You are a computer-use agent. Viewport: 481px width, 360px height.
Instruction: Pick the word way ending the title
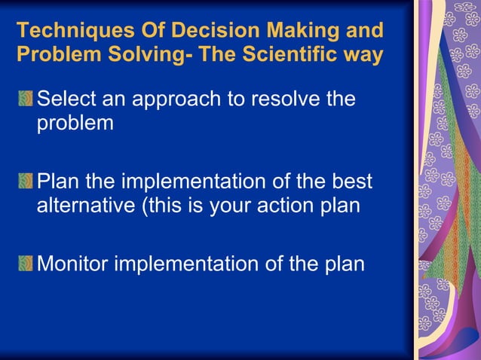coord(363,56)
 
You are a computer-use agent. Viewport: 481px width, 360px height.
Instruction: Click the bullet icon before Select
coord(26,99)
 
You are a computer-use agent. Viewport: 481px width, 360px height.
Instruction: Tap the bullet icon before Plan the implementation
coord(26,182)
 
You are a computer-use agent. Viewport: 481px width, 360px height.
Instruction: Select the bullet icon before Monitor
coord(26,264)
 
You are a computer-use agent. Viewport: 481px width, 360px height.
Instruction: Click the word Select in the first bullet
coord(70,99)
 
